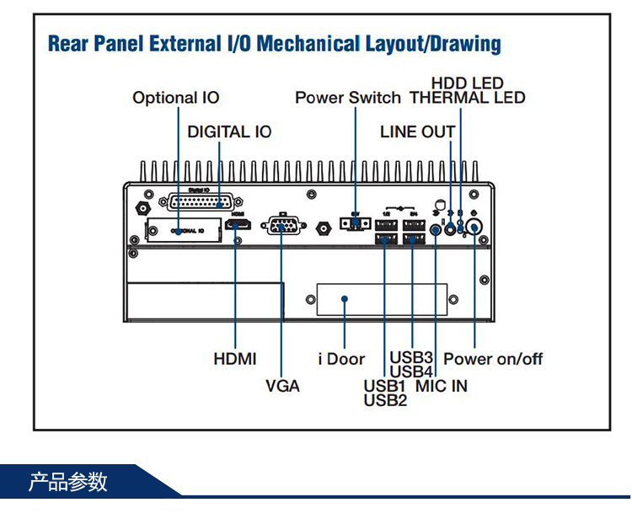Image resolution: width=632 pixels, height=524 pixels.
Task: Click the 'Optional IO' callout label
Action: tap(175, 98)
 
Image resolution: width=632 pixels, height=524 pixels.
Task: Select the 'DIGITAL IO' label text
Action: tap(229, 132)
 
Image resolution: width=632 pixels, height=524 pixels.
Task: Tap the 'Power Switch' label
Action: tap(347, 98)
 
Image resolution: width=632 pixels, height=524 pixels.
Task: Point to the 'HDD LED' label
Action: tap(467, 83)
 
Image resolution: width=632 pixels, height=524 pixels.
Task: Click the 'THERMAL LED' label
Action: tap(467, 98)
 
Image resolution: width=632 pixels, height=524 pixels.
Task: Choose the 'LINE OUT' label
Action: tap(417, 132)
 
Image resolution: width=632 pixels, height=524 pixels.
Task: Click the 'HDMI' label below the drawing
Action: tap(235, 359)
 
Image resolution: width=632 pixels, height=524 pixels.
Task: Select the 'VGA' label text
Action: tap(282, 386)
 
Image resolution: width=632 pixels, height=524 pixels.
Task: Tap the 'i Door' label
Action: tap(341, 359)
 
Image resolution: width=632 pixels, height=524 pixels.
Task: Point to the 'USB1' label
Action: tap(385, 386)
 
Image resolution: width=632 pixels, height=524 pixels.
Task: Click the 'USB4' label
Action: tap(411, 372)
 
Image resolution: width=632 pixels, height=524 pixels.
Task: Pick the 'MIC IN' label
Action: tap(441, 386)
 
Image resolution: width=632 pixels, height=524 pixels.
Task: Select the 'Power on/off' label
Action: tap(493, 359)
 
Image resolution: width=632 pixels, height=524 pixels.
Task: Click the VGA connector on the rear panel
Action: tap(281, 225)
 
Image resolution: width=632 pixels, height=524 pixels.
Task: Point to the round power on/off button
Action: tap(475, 227)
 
